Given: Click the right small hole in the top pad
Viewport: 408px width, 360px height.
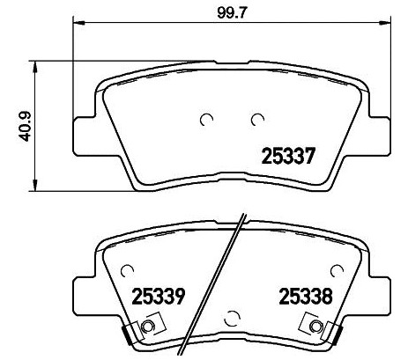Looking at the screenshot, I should (x=257, y=120).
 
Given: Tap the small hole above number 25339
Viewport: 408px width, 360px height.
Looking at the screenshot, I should (x=129, y=268).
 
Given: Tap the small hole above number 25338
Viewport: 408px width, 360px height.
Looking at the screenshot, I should (x=334, y=268).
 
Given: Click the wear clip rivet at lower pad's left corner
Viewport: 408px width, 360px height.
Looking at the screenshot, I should (x=146, y=328).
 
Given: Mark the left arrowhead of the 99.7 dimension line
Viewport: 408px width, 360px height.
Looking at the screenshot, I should (x=75, y=22).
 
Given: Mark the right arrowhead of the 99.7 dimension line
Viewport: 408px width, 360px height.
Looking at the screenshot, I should (x=385, y=22).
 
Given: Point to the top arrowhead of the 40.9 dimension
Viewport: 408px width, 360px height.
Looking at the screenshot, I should (x=35, y=64).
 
